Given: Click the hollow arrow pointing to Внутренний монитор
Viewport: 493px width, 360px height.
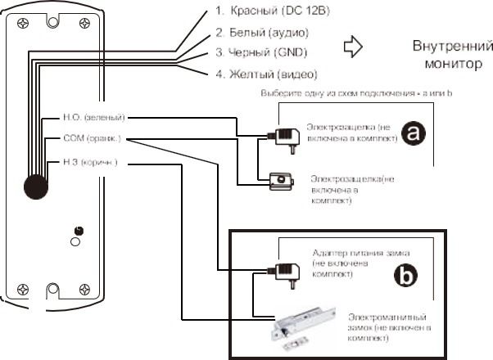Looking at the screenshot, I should [354, 47].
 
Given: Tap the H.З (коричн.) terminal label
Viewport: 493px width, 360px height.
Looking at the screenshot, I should [90, 162].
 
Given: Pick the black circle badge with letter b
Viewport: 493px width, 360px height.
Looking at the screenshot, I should [406, 277].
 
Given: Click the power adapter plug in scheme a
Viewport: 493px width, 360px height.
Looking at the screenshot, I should [284, 137].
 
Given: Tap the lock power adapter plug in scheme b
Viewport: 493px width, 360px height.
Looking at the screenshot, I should [284, 271].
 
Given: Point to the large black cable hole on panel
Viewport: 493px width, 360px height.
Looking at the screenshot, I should [35, 185].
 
